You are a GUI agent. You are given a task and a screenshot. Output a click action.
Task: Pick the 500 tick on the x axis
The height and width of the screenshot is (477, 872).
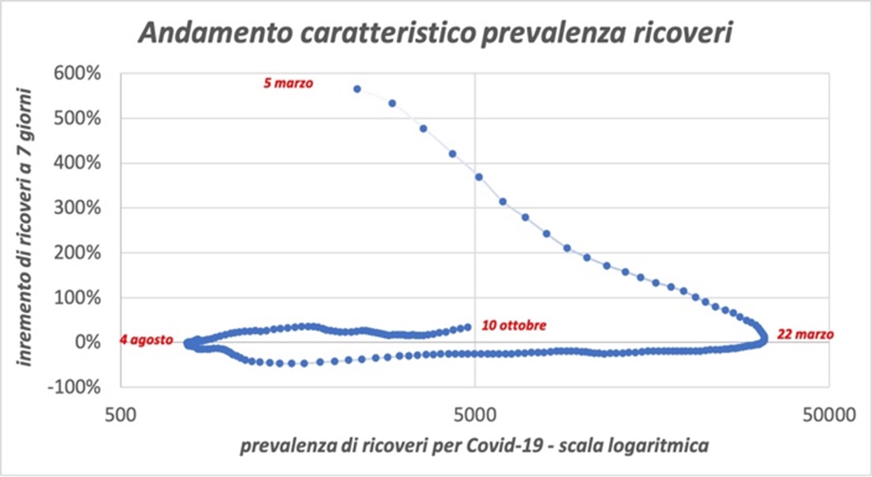pos(122,412)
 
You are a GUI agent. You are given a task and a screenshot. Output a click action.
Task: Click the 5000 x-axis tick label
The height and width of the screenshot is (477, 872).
pos(475,412)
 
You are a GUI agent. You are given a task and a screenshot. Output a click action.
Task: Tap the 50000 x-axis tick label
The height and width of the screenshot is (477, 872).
pos(828,412)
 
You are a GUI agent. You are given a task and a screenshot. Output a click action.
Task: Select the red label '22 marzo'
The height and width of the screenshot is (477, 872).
pos(805,335)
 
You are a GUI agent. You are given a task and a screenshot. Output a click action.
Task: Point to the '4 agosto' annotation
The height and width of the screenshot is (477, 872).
pos(146,340)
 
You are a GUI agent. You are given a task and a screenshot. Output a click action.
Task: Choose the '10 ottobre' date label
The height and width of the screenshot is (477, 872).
pos(514,326)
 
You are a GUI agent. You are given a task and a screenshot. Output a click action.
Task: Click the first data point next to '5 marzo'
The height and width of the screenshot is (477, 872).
pos(357,89)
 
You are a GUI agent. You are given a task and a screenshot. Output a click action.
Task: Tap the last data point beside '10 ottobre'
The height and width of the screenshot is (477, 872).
pos(468,327)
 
